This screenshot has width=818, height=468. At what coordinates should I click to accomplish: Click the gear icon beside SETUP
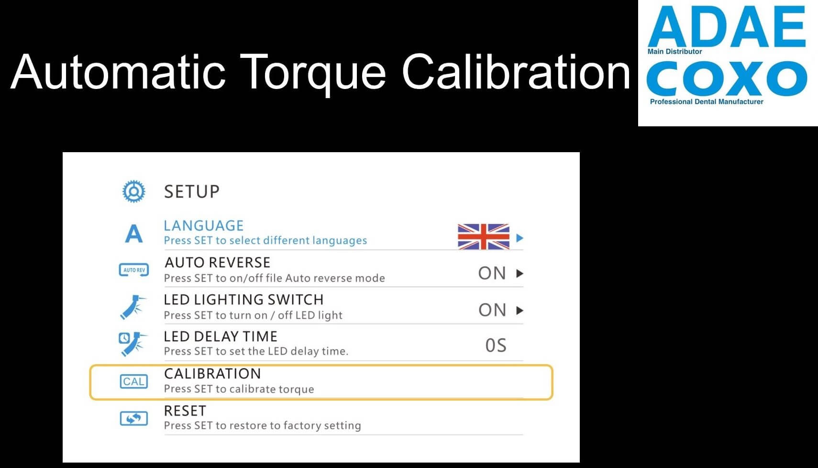[x=133, y=191]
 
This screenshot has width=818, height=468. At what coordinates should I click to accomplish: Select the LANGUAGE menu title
[x=203, y=226]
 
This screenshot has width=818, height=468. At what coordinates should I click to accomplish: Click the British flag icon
[x=484, y=237]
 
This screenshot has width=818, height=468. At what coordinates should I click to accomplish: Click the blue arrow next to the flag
[x=520, y=238]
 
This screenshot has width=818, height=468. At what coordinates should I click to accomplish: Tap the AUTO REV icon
[x=133, y=270]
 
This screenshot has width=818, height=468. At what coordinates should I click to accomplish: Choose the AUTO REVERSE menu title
[x=217, y=262]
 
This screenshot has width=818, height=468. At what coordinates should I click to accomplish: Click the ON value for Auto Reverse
[x=492, y=273]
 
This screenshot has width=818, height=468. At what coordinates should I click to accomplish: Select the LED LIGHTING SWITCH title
[x=243, y=300]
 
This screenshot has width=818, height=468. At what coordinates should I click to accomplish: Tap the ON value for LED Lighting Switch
[x=492, y=310]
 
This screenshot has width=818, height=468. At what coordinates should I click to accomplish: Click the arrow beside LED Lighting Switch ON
[x=520, y=311]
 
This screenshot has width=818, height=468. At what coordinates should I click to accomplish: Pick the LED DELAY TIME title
[x=221, y=336]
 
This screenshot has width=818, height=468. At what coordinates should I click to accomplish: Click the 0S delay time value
[x=496, y=345]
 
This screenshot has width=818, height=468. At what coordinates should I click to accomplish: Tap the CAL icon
[x=133, y=381]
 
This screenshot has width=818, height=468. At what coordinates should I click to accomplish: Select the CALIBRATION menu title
[x=212, y=374]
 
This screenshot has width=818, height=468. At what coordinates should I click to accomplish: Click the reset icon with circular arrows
[x=133, y=418]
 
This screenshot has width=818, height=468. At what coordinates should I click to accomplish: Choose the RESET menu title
[x=185, y=411]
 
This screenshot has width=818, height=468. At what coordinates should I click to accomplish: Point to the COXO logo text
[x=727, y=78]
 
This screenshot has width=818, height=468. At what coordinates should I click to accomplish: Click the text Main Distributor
[x=674, y=52]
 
